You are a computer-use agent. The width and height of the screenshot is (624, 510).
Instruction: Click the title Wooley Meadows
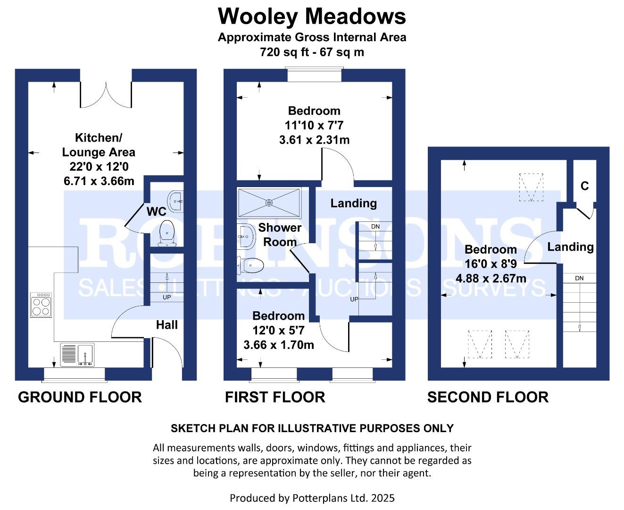[x=312, y=17]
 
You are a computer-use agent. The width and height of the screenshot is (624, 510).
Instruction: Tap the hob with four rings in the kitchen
[x=41, y=305]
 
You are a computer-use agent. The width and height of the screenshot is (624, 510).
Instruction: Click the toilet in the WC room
[x=167, y=232]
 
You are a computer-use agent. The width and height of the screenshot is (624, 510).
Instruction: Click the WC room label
[x=156, y=212]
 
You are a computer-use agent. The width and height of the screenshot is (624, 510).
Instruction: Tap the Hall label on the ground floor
[x=167, y=325]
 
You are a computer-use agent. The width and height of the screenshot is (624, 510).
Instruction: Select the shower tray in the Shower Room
[x=269, y=203]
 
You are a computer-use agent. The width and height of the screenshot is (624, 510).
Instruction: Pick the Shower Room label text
[x=280, y=235]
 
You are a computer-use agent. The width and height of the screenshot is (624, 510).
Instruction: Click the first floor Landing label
[x=353, y=204]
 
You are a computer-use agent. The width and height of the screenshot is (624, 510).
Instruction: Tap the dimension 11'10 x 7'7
[x=314, y=126]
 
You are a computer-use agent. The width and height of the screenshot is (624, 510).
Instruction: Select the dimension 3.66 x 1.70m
[x=279, y=345]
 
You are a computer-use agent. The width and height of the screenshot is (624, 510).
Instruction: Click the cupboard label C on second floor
[x=584, y=186]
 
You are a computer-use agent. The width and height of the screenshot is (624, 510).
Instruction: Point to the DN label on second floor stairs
[x=579, y=278]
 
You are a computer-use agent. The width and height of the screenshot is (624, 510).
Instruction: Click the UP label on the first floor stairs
[x=354, y=299]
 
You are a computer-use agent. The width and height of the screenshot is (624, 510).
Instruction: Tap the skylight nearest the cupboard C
[x=531, y=187]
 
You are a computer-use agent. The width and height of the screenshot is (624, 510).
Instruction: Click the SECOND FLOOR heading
[x=488, y=397]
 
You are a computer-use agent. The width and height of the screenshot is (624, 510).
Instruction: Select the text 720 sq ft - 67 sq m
[x=312, y=52]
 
